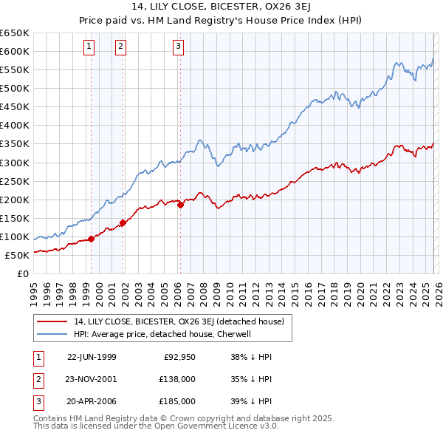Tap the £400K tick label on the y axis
pyautogui.click(x=15, y=126)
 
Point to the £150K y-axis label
pyautogui.click(x=15, y=218)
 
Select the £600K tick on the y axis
pyautogui.click(x=15, y=51)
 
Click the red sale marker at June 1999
pyautogui.click(x=92, y=239)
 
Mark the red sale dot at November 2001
pyautogui.click(x=123, y=222)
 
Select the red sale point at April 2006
pyautogui.click(x=180, y=205)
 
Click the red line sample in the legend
pyautogui.click(x=53, y=321)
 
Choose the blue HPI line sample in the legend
pyautogui.click(x=53, y=334)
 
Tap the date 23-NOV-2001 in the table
pyautogui.click(x=92, y=379)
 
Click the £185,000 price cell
pyautogui.click(x=178, y=401)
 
